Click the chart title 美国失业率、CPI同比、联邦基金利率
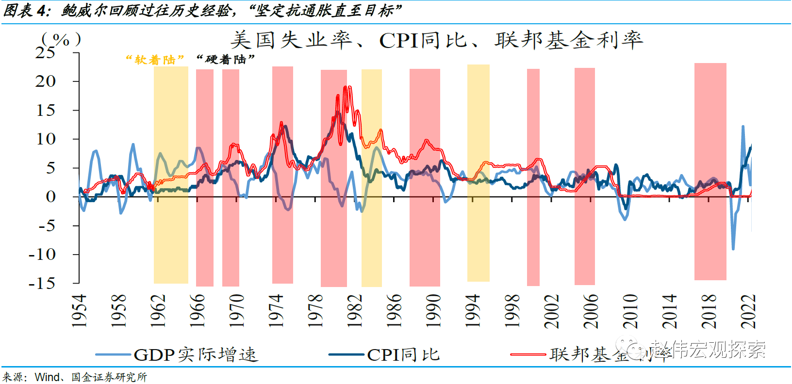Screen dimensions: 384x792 tap(437, 40)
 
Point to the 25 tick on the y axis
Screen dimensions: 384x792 tap(46, 52)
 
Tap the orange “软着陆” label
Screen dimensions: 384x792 tap(155, 60)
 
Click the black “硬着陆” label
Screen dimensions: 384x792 tap(226, 60)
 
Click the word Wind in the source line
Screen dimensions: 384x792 tap(47, 377)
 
